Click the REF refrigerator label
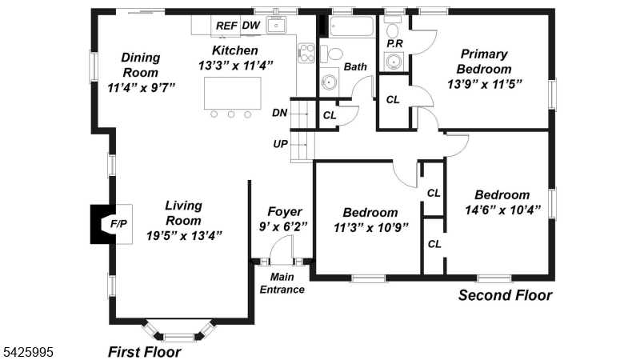[226, 26]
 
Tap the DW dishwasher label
[251, 26]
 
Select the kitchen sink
[276, 26]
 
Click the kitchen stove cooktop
[306, 53]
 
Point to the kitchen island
[233, 93]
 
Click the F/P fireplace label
[118, 224]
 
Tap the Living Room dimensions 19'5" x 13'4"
[184, 235]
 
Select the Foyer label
[285, 211]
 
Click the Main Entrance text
[282, 283]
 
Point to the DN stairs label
[279, 113]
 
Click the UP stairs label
[281, 144]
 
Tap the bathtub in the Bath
[351, 26]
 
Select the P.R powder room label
[394, 43]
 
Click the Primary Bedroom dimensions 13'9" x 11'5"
[485, 84]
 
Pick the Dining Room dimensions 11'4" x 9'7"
[141, 87]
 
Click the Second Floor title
[506, 295]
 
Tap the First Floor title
[145, 352]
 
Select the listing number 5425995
[28, 352]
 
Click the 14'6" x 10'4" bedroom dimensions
[502, 210]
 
